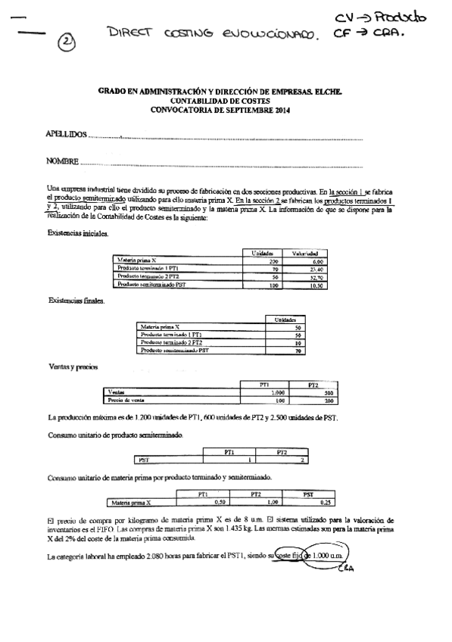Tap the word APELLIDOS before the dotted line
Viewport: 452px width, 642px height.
point(66,135)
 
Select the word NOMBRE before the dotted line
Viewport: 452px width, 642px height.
point(62,162)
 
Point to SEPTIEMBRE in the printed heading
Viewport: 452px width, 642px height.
point(250,109)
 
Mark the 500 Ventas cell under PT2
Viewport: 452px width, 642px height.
point(328,394)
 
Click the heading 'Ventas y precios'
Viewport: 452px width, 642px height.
point(73,367)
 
